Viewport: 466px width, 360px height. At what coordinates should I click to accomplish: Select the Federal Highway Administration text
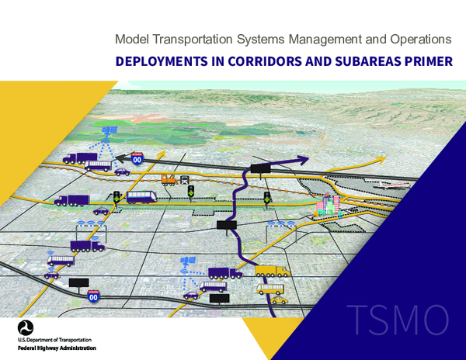click(57, 348)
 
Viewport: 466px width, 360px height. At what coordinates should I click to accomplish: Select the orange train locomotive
click(169, 180)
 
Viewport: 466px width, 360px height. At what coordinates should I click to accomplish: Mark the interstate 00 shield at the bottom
click(93, 296)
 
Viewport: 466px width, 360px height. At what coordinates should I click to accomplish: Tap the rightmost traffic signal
click(266, 197)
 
